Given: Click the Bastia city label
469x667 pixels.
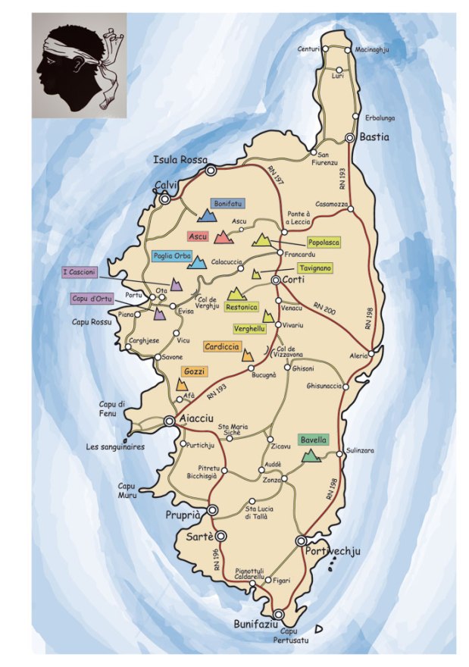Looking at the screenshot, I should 374,137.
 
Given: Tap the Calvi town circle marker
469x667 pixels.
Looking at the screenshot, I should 165,199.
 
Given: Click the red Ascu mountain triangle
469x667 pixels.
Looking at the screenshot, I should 223,237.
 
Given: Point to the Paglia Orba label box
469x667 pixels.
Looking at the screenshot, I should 171,256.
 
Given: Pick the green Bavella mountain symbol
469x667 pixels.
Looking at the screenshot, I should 310,456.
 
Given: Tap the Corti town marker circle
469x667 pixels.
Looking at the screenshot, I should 277,280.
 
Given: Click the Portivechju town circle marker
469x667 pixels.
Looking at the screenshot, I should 302,540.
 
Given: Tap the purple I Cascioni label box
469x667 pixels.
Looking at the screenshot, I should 80,272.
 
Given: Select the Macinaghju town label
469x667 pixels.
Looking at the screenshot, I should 376,50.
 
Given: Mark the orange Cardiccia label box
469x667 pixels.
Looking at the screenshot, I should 222,346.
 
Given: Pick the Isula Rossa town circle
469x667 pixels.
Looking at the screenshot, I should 211,171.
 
